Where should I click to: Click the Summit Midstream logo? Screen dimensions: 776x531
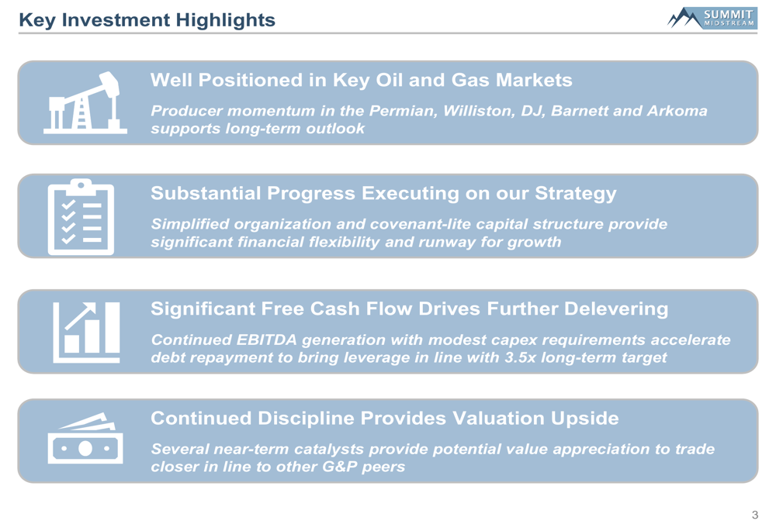pos(712,18)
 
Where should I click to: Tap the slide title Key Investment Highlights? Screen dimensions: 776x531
pos(147,20)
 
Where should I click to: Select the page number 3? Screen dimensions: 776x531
pos(755,515)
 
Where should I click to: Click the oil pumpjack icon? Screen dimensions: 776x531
pos(85,103)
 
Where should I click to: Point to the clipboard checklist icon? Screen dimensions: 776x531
pos(81,217)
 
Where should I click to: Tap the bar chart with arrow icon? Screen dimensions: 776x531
pos(87,333)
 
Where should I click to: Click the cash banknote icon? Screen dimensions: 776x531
pos(85,439)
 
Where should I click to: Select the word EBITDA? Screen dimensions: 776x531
pos(267,340)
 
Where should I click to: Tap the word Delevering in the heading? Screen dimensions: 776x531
pos(616,309)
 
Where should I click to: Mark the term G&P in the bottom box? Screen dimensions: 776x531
pos(340,467)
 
